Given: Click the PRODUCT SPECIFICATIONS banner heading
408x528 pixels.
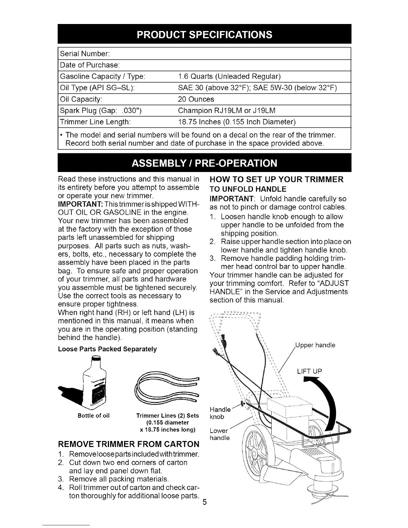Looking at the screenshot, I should [204, 34].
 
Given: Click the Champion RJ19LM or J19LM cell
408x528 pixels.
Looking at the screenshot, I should [227, 111].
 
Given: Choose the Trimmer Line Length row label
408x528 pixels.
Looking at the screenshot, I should [95, 122].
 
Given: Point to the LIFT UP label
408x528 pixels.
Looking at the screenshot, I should [310, 371].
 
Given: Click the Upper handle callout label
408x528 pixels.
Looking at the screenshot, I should [315, 345].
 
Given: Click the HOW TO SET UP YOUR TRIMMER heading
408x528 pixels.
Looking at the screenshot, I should [276, 180].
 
